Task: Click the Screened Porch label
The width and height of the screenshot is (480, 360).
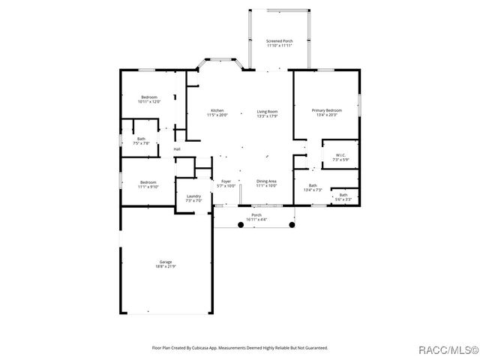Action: tap(279, 40)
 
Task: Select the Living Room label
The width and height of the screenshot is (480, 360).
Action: tap(267, 111)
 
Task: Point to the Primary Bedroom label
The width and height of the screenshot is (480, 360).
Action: tap(326, 110)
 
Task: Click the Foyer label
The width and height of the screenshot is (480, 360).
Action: tap(226, 181)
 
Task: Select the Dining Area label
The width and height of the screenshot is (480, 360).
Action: tap(267, 181)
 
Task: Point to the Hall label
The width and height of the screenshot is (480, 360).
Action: tap(177, 149)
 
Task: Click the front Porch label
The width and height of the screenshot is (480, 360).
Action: tap(256, 214)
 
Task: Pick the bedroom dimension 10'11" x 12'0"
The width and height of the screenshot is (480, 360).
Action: tap(150, 101)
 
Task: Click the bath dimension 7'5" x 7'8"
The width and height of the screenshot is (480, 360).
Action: tap(141, 143)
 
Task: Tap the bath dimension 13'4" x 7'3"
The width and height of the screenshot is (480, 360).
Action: tap(313, 190)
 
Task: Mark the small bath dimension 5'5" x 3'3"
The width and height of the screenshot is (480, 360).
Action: tap(343, 199)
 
